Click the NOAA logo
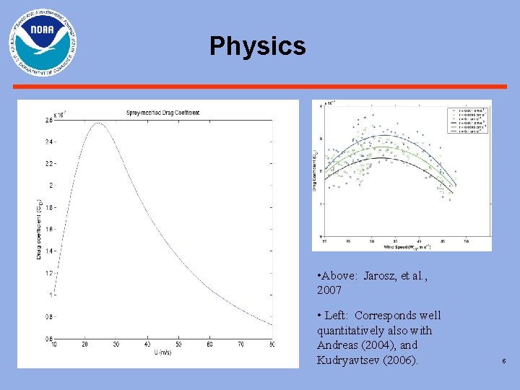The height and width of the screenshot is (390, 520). (43, 43)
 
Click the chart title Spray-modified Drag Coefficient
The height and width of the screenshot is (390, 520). (162, 113)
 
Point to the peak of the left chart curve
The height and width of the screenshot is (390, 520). (97, 123)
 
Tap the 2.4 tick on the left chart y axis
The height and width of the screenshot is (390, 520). (48, 142)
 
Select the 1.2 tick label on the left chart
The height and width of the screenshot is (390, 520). (48, 273)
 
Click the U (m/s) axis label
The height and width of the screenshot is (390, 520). (162, 352)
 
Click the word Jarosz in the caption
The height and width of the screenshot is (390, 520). (382, 276)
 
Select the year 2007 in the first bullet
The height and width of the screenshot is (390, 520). (329, 290)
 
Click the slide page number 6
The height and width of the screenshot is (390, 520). (503, 360)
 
